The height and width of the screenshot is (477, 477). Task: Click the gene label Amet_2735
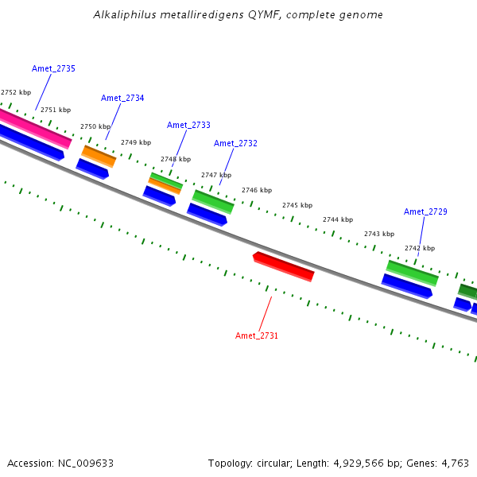(53, 69)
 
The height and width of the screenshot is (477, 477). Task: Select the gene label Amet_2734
(122, 99)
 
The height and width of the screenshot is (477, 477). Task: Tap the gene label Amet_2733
(188, 126)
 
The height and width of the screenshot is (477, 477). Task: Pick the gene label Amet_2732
(235, 144)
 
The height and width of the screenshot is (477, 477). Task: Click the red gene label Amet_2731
(257, 336)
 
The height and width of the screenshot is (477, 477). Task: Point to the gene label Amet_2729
(425, 212)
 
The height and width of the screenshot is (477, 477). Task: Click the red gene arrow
(284, 266)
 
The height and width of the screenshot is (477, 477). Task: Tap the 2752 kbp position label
(16, 93)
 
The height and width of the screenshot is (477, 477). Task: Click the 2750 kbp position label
(95, 127)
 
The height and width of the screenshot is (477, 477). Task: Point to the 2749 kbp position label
(136, 143)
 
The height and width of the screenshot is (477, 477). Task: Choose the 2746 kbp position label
(257, 191)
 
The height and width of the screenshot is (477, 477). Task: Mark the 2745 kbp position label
(297, 206)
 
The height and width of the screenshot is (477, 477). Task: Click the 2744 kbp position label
(338, 219)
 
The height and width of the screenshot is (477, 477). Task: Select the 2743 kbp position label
(379, 235)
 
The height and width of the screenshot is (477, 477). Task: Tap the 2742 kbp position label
(420, 249)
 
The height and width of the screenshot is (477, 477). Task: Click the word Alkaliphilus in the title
(119, 15)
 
